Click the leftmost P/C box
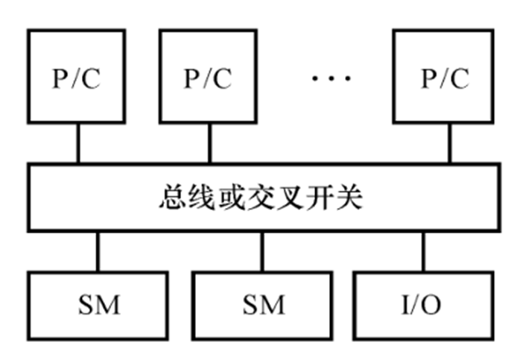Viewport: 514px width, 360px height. (x=76, y=77)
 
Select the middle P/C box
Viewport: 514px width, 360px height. (x=208, y=77)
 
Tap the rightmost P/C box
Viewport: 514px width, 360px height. (x=444, y=77)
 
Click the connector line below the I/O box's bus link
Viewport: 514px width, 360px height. (x=423, y=251)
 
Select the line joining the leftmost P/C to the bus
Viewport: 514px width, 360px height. (x=77, y=144)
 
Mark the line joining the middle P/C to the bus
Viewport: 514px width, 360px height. (x=209, y=144)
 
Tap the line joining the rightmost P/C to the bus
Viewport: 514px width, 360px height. (x=448, y=144)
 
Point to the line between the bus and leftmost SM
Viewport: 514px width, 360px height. (x=98, y=251)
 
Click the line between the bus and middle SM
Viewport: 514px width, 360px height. (x=261, y=251)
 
